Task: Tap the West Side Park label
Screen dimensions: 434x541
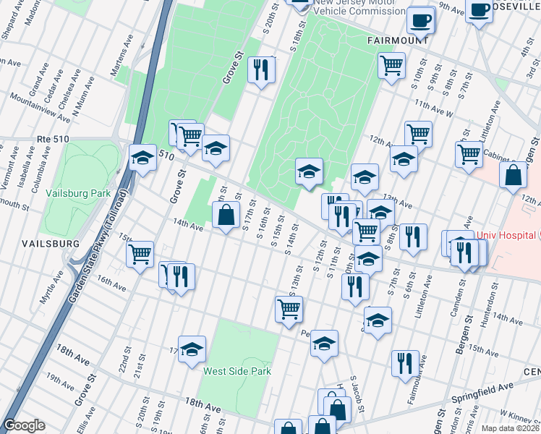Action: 237,371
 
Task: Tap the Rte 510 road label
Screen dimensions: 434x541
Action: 51,137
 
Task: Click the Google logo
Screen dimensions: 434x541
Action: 24,426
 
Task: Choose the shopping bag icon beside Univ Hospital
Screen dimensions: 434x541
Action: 513,176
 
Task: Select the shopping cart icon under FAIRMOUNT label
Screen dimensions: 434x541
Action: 391,65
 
